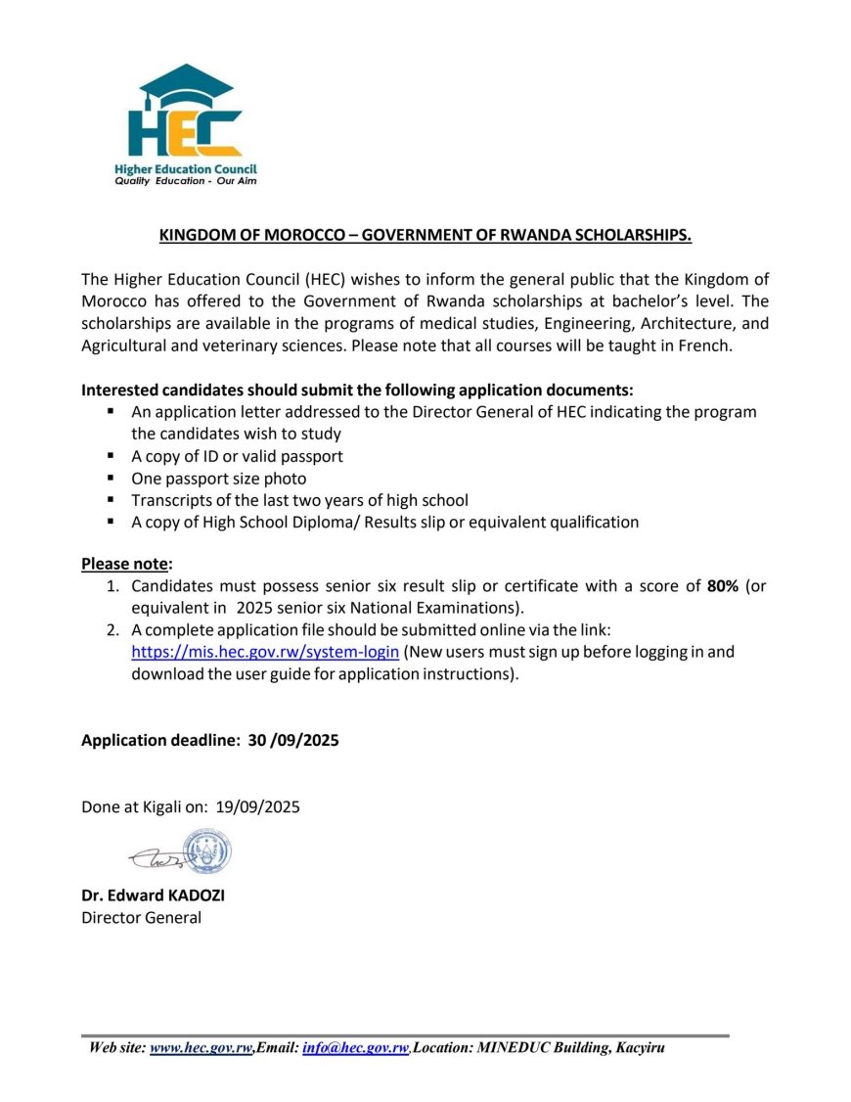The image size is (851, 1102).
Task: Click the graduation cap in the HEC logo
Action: pos(186,84)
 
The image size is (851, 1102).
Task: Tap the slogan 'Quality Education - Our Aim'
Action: pos(185,181)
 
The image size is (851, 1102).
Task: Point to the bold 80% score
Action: pos(723,586)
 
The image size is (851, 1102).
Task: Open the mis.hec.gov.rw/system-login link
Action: pos(265,652)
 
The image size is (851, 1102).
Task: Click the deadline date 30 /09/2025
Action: pos(292,741)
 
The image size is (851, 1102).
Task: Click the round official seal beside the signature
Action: pos(207,851)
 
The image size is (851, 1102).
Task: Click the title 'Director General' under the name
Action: pos(141,917)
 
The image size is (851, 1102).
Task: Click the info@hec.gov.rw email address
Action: pos(355,1048)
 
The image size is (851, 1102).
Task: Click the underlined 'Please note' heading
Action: pos(124,564)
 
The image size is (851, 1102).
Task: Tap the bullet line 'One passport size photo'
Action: pos(219,479)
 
